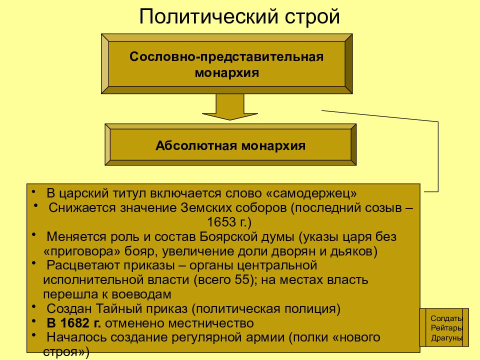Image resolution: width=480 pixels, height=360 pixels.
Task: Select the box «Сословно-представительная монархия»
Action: tap(227, 63)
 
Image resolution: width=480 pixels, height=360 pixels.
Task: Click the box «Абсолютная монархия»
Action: tap(230, 144)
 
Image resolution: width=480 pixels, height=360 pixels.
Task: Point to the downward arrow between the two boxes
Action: tap(230, 107)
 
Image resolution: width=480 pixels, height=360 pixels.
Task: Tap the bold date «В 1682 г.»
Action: tap(74, 323)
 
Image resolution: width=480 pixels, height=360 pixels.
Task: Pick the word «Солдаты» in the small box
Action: tap(446, 318)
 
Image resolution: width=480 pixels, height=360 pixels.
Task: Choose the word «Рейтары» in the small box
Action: tap(446, 328)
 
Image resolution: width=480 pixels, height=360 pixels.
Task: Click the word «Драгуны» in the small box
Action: tap(447, 338)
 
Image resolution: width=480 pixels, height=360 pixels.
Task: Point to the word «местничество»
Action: tap(211, 323)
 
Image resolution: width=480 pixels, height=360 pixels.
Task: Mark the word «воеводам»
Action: tap(141, 294)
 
